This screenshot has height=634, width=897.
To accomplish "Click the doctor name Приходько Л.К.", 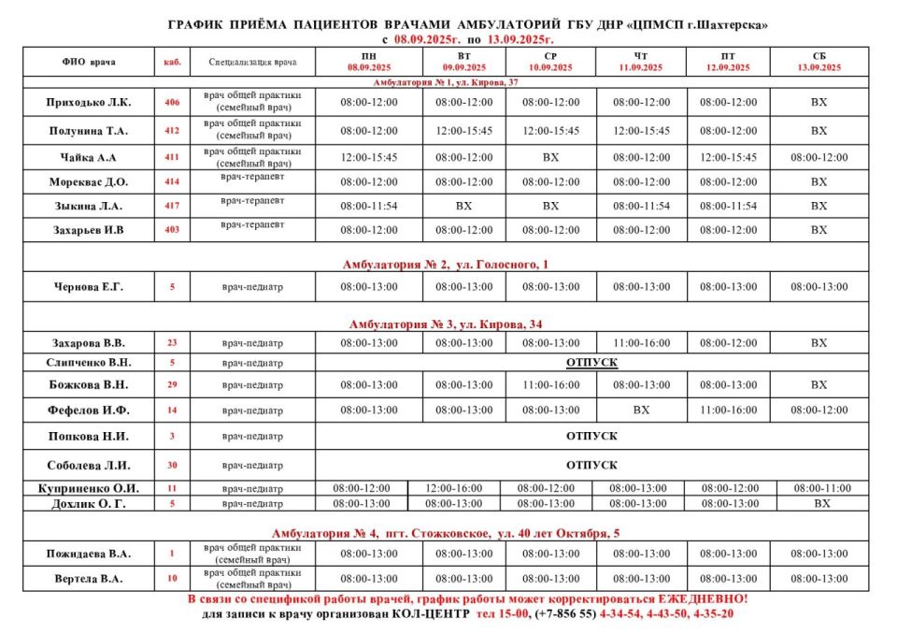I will click(90, 102).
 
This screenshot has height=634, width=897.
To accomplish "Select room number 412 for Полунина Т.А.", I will click(172, 131).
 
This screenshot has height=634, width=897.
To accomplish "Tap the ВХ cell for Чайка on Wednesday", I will click(550, 157).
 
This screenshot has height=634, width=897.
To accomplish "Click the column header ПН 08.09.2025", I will click(369, 62).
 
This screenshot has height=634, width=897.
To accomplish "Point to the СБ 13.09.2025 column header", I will click(819, 62).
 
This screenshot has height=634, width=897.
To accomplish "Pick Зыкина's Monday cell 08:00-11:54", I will click(369, 206).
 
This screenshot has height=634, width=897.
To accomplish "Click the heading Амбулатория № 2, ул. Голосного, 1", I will click(446, 266).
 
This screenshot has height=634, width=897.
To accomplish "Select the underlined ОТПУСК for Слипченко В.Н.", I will click(591, 362).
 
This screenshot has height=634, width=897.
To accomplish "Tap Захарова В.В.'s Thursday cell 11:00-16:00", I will click(641, 343).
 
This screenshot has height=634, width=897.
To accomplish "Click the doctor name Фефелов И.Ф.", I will click(90, 410).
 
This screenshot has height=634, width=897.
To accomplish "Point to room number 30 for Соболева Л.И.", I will click(172, 465).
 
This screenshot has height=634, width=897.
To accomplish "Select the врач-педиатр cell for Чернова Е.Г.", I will click(252, 287).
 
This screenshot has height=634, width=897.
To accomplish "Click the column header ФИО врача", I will click(90, 62).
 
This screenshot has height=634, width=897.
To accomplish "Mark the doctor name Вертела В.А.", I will click(90, 579).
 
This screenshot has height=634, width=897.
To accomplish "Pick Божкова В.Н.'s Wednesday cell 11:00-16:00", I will click(550, 384).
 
